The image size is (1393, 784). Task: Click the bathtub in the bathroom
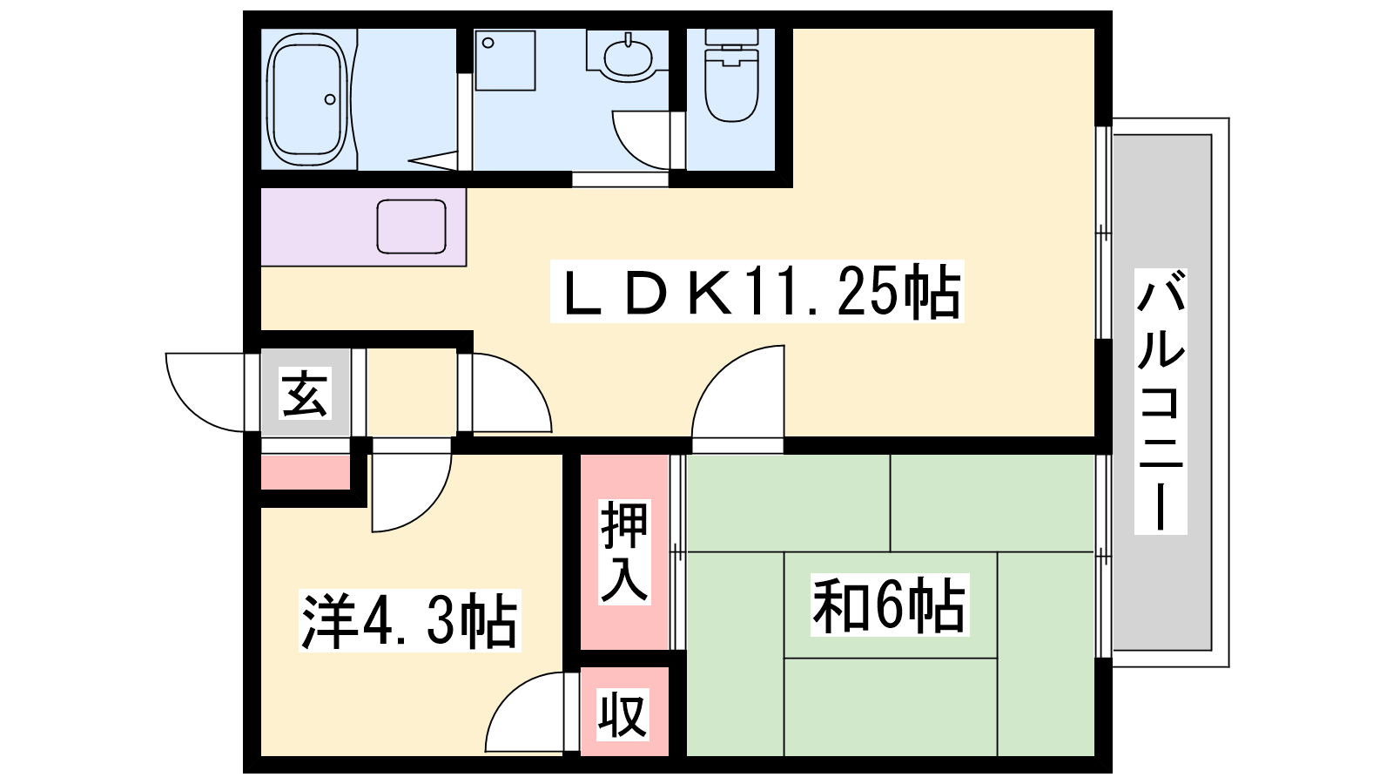[306, 99]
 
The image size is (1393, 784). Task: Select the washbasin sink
[627, 58]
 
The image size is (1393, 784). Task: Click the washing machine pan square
[505, 60]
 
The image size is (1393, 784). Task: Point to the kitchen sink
[411, 226]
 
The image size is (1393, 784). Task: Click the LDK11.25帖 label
[757, 293]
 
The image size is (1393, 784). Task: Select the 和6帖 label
[889, 605]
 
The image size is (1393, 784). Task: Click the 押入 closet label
[624, 552]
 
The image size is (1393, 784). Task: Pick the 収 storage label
[622, 714]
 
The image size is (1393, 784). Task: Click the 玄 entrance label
[305, 393]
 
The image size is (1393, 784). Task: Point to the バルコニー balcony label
[1161, 401]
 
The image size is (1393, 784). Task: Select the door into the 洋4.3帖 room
[411, 488]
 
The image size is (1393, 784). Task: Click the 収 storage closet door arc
[522, 714]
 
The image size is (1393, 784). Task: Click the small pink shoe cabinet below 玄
[305, 472]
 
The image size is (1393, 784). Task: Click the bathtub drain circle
[330, 99]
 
